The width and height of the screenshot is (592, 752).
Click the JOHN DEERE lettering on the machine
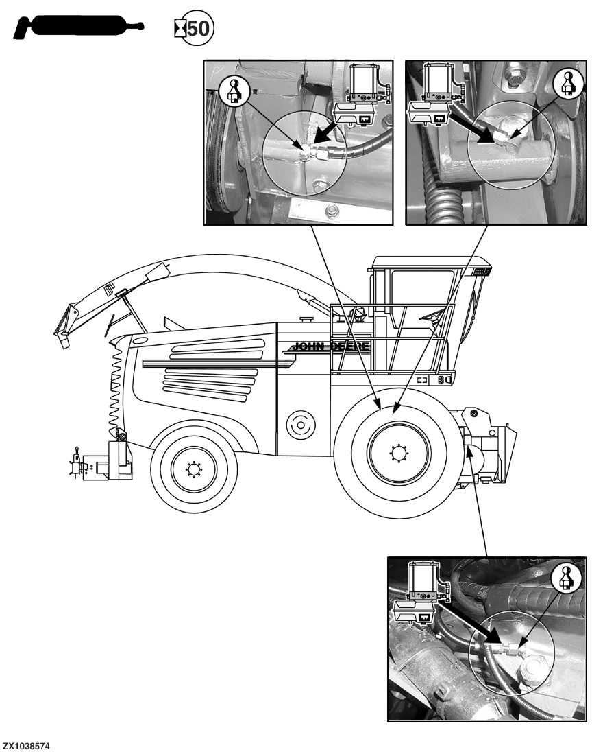click(x=332, y=346)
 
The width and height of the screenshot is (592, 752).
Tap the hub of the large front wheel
click(x=398, y=452)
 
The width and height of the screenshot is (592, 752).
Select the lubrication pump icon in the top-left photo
click(x=363, y=95)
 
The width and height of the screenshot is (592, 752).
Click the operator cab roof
click(x=432, y=261)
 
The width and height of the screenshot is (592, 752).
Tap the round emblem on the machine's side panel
click(x=299, y=425)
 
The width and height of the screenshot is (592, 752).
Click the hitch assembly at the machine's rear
click(x=103, y=464)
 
